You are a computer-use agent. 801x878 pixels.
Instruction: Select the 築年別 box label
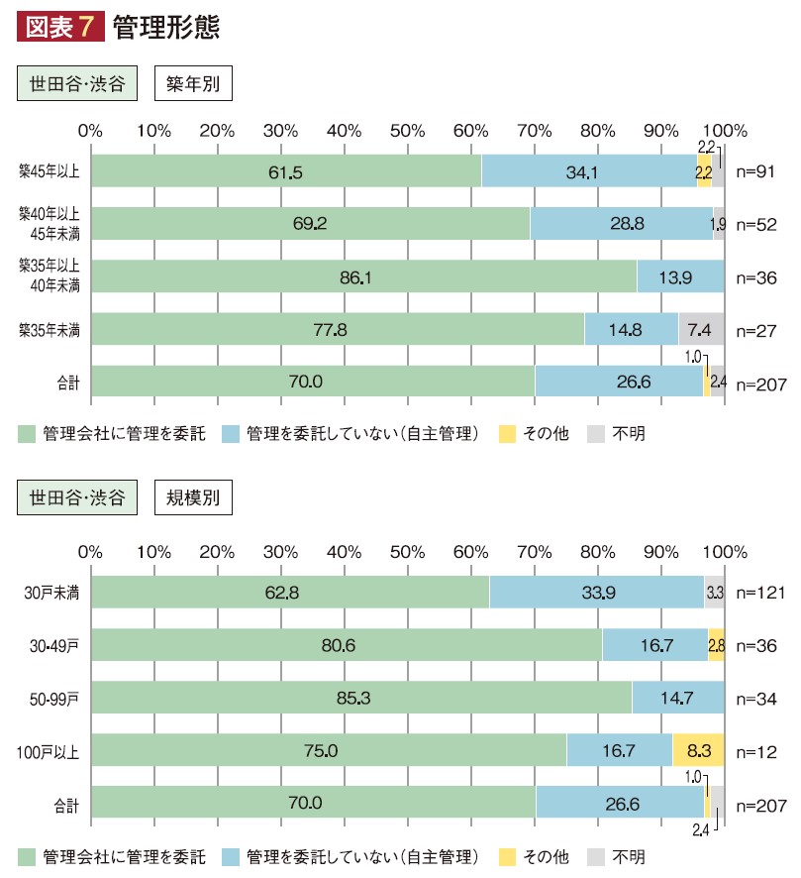tap(193, 84)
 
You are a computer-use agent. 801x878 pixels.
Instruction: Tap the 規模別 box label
tap(193, 497)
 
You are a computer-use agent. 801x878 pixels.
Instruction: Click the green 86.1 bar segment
tap(363, 276)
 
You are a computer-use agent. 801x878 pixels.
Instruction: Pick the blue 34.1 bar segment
tap(588, 170)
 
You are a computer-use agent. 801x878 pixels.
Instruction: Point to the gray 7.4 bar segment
tap(701, 329)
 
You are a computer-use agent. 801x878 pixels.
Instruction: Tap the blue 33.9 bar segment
tap(596, 593)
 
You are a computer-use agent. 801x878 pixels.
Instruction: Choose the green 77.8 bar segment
tap(337, 329)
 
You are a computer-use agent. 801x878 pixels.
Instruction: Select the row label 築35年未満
tap(49, 329)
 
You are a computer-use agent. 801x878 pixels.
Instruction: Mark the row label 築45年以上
tap(49, 170)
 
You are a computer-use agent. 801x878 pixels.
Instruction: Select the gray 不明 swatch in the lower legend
tap(596, 854)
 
